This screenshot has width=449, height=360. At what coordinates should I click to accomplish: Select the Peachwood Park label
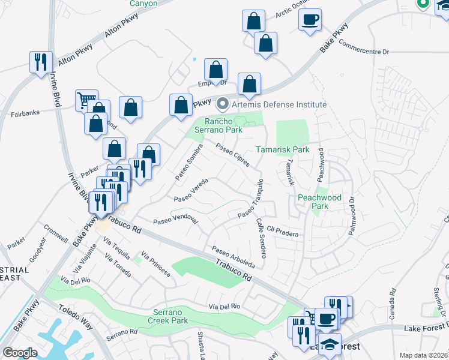319,202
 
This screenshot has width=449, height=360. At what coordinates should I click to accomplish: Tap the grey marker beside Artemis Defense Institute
222,104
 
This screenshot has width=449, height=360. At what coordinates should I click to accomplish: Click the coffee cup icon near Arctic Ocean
310,20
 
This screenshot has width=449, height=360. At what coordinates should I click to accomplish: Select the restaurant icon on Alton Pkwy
40,62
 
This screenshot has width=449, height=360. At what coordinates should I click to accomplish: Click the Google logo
20,353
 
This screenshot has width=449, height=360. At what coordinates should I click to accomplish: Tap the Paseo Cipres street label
232,155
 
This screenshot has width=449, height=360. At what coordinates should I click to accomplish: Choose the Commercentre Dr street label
364,48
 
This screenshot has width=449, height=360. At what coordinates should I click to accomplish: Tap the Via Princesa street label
155,265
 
